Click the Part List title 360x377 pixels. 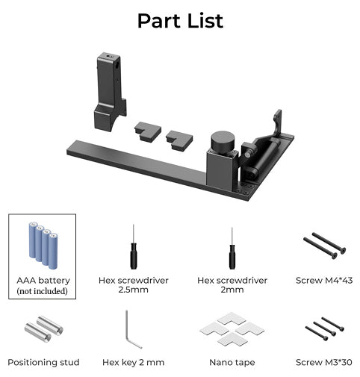pyautogui.click(x=180, y=20)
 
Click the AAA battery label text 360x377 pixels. pyautogui.click(x=43, y=280)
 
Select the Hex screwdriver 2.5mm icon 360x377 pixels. pyautogui.click(x=133, y=249)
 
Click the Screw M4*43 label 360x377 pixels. pyautogui.click(x=325, y=280)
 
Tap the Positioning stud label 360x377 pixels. pyautogui.click(x=43, y=362)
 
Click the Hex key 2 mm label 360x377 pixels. pyautogui.click(x=133, y=362)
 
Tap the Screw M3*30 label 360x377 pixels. pyautogui.click(x=325, y=362)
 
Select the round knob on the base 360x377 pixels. pyautogui.click(x=222, y=141)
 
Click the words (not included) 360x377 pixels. pyautogui.click(x=43, y=291)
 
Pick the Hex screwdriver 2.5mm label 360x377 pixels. pyautogui.click(x=133, y=285)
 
